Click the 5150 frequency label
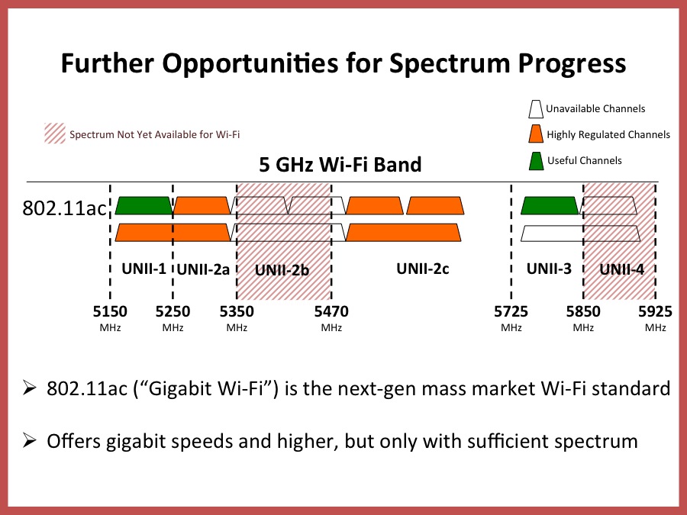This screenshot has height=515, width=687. point(110,311)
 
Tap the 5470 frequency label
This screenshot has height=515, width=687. point(331,311)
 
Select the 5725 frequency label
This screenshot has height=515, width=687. point(511,311)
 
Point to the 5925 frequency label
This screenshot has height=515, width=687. point(655,311)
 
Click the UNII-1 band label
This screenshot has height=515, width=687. point(143,269)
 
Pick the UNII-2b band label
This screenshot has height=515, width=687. point(283,269)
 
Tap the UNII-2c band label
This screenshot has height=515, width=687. point(422,269)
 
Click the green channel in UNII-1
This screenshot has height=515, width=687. point(144,205)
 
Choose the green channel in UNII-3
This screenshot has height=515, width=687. point(550,205)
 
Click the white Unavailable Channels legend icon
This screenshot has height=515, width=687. point(536,109)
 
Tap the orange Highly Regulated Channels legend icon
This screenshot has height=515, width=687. point(536,135)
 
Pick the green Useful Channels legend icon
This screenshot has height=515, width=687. point(536,161)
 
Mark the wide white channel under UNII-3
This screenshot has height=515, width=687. point(580,233)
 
